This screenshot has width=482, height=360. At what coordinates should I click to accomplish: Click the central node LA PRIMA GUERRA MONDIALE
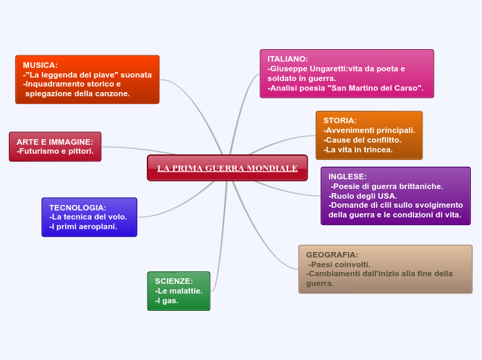pyautogui.click(x=227, y=168)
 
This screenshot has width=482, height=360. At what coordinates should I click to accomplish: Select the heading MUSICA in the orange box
pyautogui.click(x=40, y=65)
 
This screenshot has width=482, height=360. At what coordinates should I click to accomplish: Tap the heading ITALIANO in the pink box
pyautogui.click(x=288, y=59)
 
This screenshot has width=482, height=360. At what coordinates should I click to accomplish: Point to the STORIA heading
pyautogui.click(x=340, y=120)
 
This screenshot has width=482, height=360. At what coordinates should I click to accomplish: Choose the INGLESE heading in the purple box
pyautogui.click(x=348, y=177)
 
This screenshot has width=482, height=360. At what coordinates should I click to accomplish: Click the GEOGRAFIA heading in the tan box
pyautogui.click(x=332, y=255)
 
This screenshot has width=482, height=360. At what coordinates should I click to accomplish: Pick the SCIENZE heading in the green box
pyautogui.click(x=174, y=281)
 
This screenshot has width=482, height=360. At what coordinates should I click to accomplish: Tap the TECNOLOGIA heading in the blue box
pyautogui.click(x=78, y=208)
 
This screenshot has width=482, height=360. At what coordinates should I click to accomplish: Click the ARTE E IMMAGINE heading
pyautogui.click(x=55, y=141)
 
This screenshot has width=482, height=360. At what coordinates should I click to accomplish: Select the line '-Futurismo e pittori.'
pyautogui.click(x=55, y=151)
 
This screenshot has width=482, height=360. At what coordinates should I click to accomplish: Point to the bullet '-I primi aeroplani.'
pyautogui.click(x=83, y=226)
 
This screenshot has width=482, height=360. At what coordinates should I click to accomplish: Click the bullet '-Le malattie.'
pyautogui.click(x=179, y=291)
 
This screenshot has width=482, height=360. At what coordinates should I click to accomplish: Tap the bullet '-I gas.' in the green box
pyautogui.click(x=167, y=300)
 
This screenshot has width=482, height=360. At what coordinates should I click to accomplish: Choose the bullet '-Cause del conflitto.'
pyautogui.click(x=362, y=140)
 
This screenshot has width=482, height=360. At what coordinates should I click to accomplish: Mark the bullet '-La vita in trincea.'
pyautogui.click(x=358, y=150)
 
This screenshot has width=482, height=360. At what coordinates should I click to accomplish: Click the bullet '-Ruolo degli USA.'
pyautogui.click(x=363, y=196)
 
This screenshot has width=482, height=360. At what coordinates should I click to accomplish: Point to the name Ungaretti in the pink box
pyautogui.click(x=333, y=69)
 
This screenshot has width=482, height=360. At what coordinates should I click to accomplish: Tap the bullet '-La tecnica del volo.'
pyautogui.click(x=88, y=217)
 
